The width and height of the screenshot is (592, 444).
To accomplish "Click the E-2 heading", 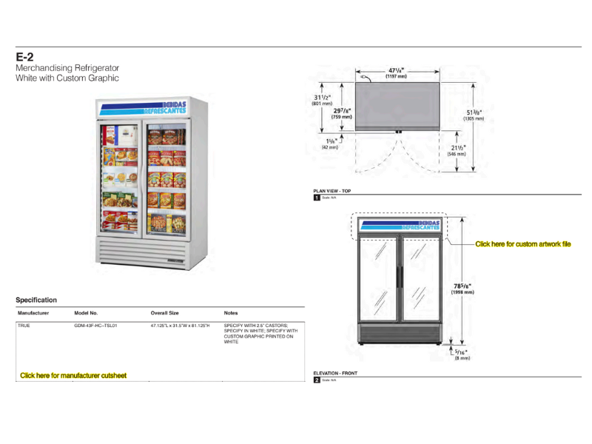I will [x=24, y=57].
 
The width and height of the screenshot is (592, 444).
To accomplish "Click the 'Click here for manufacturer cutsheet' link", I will [x=73, y=376].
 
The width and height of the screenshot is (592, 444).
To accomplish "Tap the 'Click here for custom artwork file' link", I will [x=522, y=244].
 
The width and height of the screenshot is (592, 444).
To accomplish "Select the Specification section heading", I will [x=36, y=300].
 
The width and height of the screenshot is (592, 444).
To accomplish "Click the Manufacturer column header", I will [x=33, y=313].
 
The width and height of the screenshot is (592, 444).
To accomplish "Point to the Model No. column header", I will [x=86, y=313].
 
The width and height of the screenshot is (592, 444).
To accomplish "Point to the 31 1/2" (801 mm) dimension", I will [x=322, y=100].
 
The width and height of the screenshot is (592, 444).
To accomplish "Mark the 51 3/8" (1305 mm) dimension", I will [x=474, y=114].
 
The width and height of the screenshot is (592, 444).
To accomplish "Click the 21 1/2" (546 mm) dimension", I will [x=457, y=151].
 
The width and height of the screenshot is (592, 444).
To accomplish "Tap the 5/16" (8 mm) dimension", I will [x=462, y=354].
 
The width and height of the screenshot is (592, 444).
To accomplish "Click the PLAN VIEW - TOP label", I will [x=332, y=191].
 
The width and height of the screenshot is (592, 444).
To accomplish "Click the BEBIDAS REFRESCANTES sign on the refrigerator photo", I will [x=144, y=108].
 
